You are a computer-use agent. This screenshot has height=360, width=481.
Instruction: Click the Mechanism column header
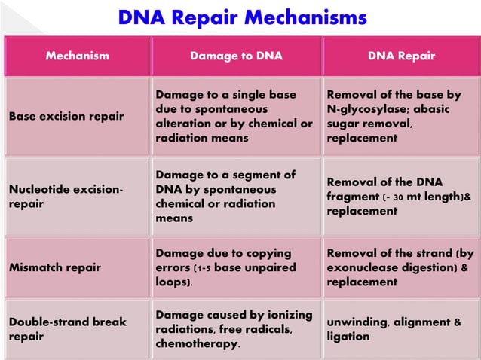[x=77, y=56]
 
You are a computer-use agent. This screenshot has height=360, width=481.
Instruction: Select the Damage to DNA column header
[x=236, y=56]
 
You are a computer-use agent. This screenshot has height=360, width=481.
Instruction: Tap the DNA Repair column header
[x=401, y=56]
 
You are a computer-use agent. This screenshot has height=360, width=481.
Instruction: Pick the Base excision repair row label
[x=66, y=117]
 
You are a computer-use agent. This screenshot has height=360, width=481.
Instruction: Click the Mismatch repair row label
[x=56, y=267]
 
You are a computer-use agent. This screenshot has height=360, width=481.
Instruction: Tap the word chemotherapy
[x=198, y=344]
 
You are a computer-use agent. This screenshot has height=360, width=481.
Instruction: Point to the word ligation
[x=348, y=337]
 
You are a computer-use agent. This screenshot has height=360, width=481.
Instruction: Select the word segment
[x=256, y=175]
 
